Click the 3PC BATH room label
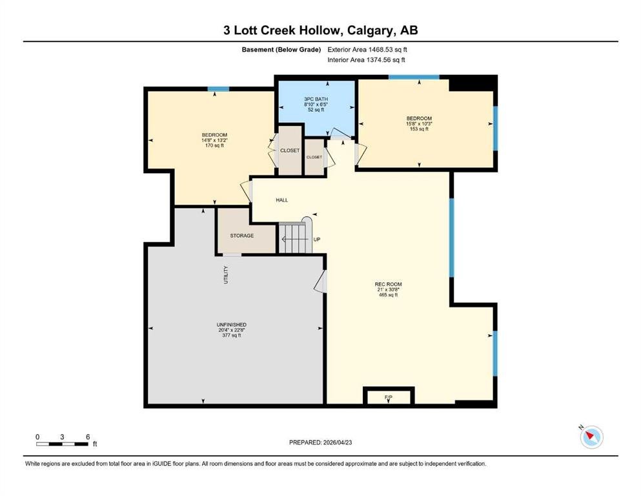point(316,99)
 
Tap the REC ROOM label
point(388,284)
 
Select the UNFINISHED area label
point(231,325)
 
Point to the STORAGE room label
point(241,236)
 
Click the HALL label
point(281,200)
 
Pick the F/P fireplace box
point(389,396)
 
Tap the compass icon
point(591,437)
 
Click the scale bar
point(62,444)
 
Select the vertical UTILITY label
point(226,274)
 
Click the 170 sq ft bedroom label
point(214,140)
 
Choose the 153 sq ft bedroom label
point(419,123)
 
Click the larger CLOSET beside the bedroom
point(290,150)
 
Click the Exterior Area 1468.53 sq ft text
point(367,50)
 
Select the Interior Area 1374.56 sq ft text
point(366,59)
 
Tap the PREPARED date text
point(320,442)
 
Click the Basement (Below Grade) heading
point(281,50)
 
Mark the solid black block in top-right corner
point(473,83)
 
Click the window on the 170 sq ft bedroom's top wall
point(218,88)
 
